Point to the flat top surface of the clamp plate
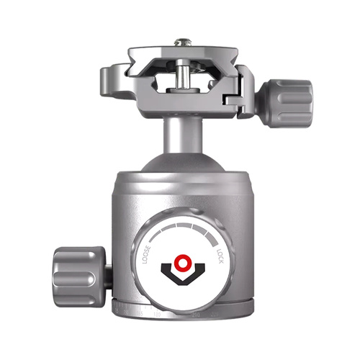[184, 54]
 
